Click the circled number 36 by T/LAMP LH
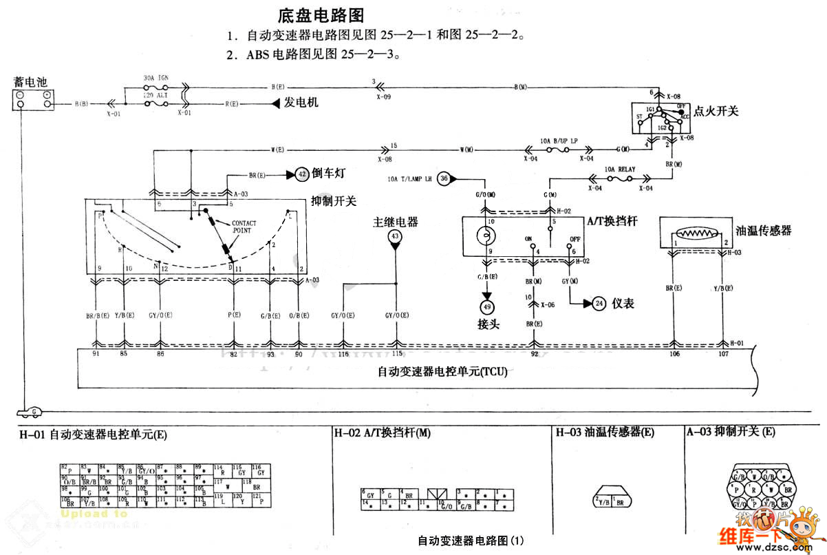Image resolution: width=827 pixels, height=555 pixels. tap(444, 178)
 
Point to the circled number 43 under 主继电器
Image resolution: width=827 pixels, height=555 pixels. tap(395, 236)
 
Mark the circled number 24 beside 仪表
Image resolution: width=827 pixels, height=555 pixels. tap(599, 303)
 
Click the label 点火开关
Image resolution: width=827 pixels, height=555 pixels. tap(718, 110)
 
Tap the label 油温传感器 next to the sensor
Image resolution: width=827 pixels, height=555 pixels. tap(763, 231)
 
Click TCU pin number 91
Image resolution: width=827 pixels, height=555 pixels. tap(96, 354)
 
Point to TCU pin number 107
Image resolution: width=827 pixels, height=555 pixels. tap(723, 354)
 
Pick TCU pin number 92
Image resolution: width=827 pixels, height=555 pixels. tap(535, 354)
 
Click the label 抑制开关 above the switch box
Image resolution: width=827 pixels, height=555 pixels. tap(334, 200)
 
